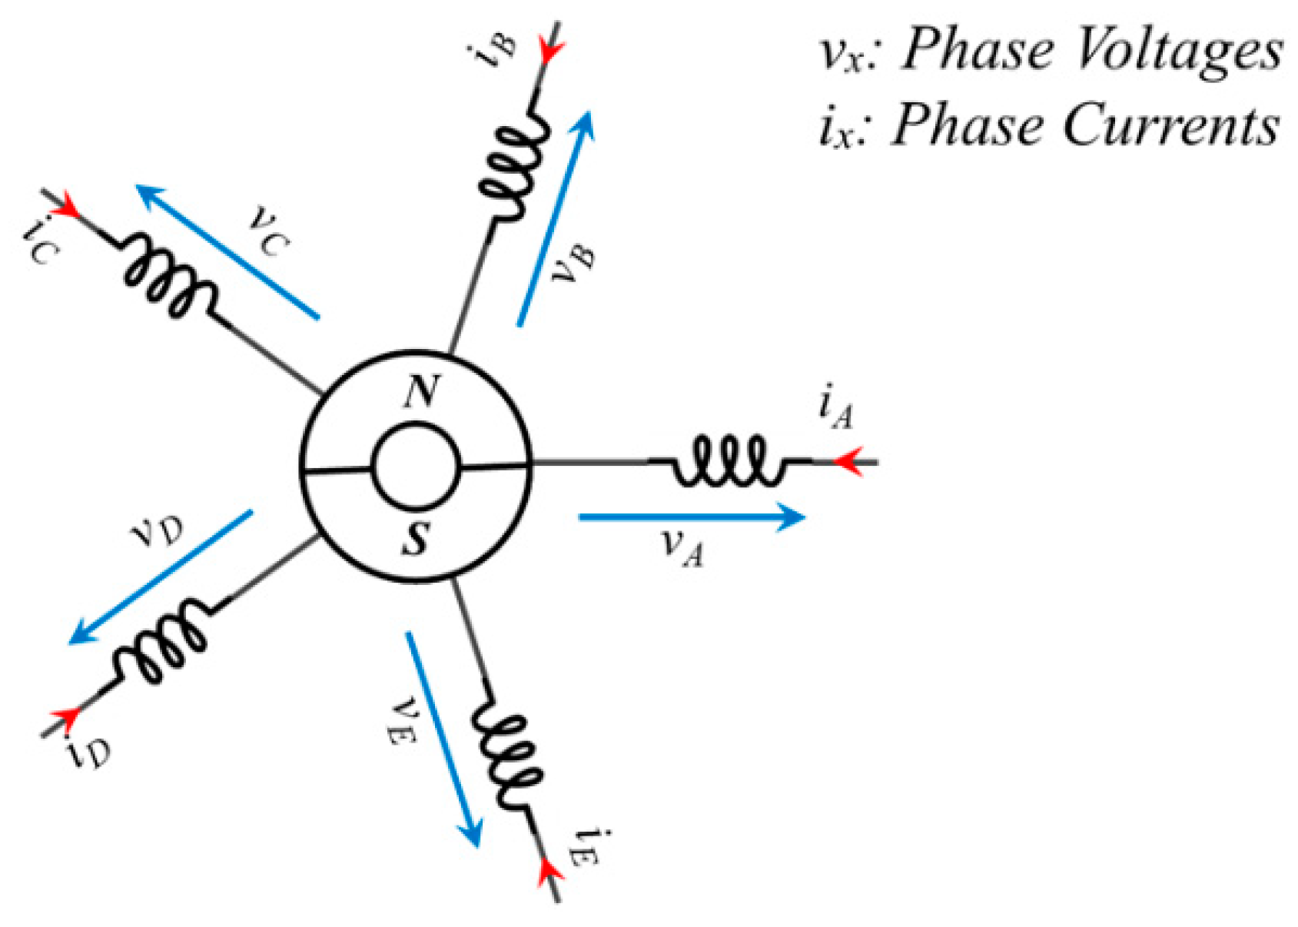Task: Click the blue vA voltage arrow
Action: click(691, 517)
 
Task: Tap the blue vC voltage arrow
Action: click(227, 251)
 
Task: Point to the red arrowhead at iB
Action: click(551, 51)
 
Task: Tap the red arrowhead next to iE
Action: click(547, 870)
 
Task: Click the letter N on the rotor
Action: click(421, 392)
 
